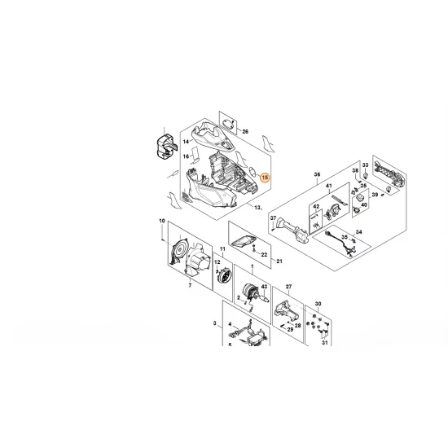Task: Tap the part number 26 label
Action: click(245, 131)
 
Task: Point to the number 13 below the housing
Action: click(257, 209)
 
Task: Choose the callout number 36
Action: click(318, 173)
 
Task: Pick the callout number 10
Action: click(163, 222)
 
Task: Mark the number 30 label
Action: click(318, 304)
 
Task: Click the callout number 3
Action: click(215, 324)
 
